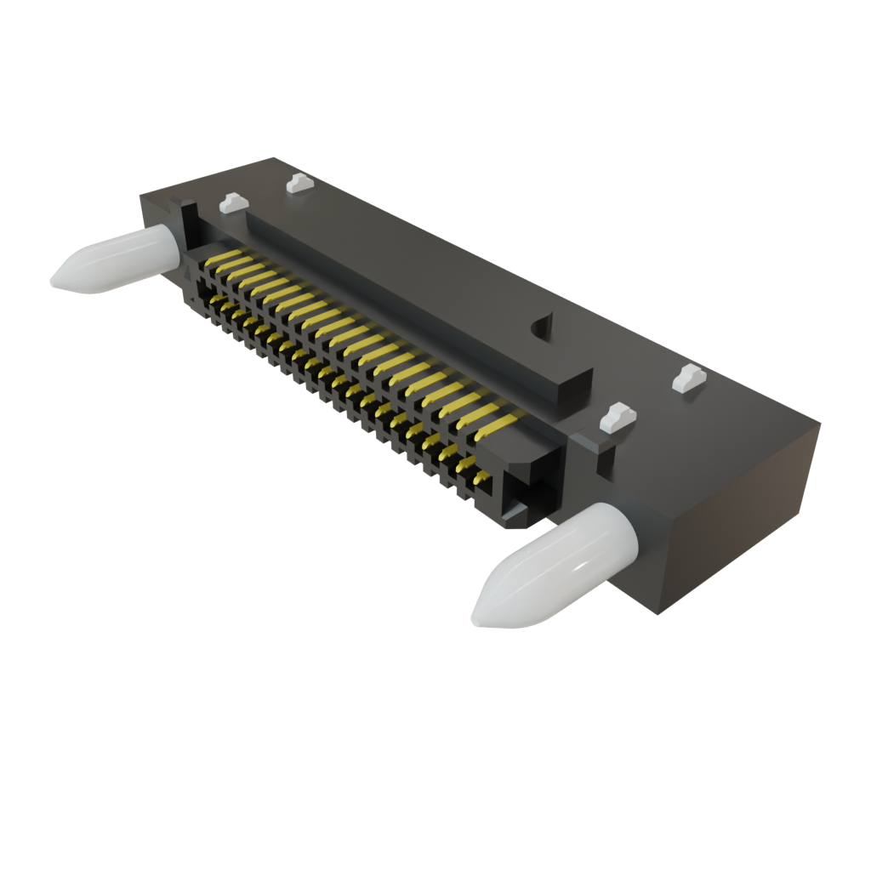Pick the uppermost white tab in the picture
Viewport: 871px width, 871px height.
pos(296,182)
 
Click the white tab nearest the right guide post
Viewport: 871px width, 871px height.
pos(618,416)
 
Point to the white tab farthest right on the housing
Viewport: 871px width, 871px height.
pos(689,377)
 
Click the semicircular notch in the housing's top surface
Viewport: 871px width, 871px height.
pos(542,326)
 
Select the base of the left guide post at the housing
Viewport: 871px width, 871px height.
pos(170,248)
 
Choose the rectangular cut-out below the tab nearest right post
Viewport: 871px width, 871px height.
pos(606,455)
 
